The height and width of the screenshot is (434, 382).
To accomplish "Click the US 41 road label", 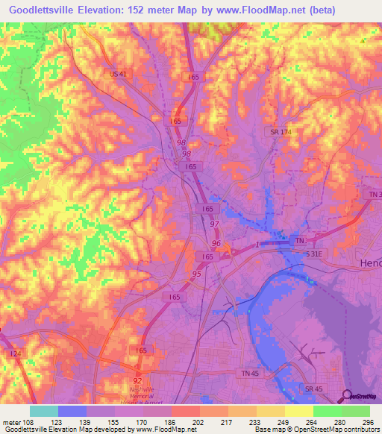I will coord(118,74).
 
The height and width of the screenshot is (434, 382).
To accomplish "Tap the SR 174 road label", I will coord(278,131).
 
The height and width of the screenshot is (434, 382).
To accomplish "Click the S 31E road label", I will coord(316,254).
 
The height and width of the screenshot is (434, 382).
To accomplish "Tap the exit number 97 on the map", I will coord(214,224).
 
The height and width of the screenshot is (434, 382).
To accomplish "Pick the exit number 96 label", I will coord(216,243).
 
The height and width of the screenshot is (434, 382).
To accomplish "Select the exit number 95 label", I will coord(196,274).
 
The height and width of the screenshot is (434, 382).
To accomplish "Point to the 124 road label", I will coord(15,353).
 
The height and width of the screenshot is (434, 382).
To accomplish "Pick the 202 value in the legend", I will coord(198,421).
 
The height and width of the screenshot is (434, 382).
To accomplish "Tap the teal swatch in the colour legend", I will coord(44,411).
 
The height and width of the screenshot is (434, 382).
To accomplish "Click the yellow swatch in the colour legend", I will coord(298,411).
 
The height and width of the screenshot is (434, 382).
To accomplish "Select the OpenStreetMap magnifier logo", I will coord(348,397).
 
